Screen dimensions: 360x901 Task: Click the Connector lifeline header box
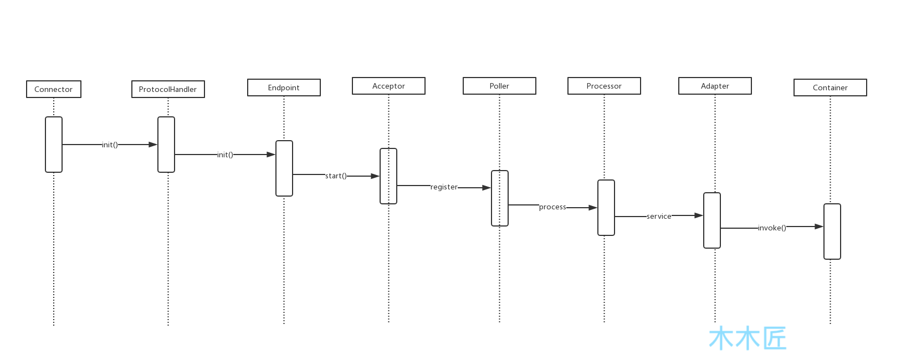54,89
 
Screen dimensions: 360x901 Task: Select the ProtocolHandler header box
168,89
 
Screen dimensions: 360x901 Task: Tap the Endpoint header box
284,88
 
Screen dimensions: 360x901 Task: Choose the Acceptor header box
388,86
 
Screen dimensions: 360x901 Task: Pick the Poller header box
499,86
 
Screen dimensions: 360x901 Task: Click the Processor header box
604,86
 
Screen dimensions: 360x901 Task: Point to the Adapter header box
715,86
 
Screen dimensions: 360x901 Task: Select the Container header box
830,88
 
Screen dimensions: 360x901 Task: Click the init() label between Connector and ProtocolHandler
110,145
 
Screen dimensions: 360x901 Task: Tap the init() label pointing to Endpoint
225,155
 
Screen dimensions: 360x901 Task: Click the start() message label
336,176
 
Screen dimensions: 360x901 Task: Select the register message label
444,187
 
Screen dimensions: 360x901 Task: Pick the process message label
552,207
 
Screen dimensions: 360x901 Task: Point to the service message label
659,216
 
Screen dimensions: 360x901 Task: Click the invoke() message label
772,228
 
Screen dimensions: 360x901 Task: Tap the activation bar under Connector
54,145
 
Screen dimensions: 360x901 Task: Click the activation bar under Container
832,232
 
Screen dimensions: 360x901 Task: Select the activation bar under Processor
606,208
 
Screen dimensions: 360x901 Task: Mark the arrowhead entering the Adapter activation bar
699,215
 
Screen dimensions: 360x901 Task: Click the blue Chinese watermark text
748,338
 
